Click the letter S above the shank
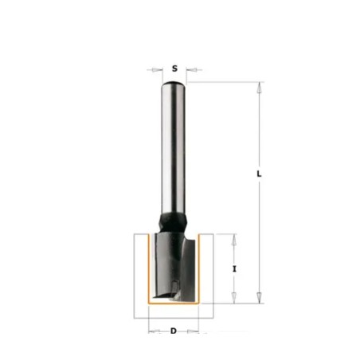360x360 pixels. click(174, 68)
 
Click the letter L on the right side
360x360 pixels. click(259, 174)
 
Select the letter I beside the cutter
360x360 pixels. click(234, 269)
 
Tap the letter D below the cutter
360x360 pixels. click(174, 331)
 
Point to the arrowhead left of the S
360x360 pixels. click(157, 70)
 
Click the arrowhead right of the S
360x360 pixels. click(191, 70)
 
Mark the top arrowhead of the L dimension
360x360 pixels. click(260, 88)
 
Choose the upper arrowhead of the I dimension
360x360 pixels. click(234, 240)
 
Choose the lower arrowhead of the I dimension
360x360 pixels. click(234, 298)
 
